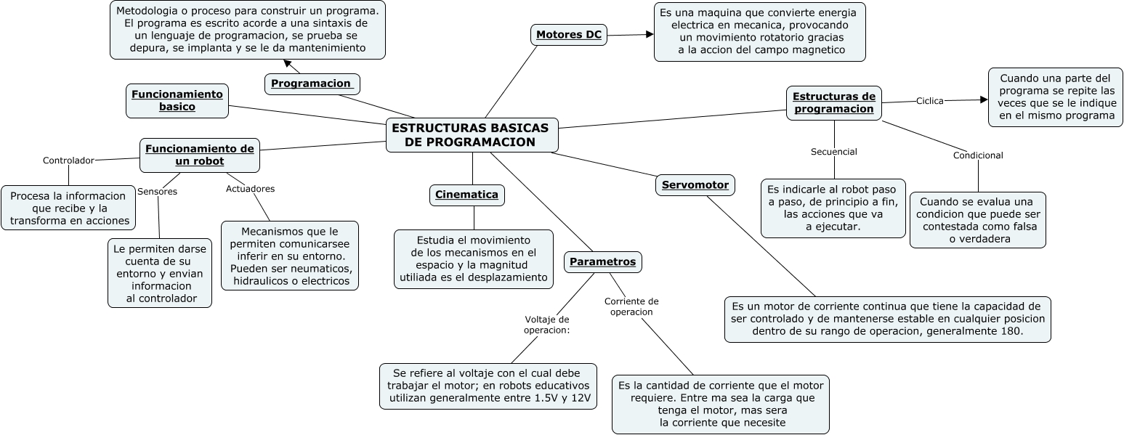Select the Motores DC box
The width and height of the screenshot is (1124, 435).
[x=569, y=34]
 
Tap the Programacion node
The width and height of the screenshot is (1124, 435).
[x=312, y=84]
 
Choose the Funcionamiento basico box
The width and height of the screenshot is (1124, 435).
[x=177, y=100]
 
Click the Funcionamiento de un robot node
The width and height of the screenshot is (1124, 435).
[x=200, y=155]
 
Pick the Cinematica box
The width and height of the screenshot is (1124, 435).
[x=466, y=195]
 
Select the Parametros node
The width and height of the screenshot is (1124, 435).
[x=602, y=261]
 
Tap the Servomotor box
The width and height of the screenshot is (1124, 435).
[x=695, y=184]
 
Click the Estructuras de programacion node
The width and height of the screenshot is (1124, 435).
[x=833, y=102]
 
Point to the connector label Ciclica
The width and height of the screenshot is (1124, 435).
[x=929, y=101]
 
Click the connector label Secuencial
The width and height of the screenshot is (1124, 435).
[x=833, y=152]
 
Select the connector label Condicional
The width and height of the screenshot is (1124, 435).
[x=978, y=155]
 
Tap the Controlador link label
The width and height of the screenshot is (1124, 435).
[x=68, y=160]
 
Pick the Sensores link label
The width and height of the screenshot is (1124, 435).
[x=157, y=192]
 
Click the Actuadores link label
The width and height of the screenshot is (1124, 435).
[x=250, y=189]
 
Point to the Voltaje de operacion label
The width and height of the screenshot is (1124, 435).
[x=546, y=324]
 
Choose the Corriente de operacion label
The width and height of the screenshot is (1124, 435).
[x=631, y=306]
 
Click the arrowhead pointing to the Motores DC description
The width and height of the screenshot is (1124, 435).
[x=650, y=33]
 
